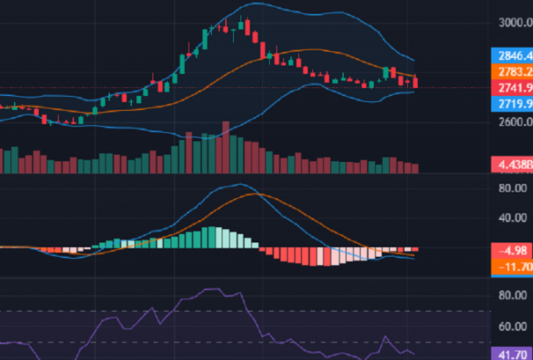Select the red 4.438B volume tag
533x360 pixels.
(510, 164)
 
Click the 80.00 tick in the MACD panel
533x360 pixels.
(510, 188)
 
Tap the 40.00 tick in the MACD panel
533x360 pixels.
(510, 218)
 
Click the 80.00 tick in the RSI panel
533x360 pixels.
(510, 296)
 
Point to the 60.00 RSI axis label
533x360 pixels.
(510, 327)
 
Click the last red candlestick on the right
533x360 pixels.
(416, 83)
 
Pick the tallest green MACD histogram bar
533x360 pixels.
(208, 238)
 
